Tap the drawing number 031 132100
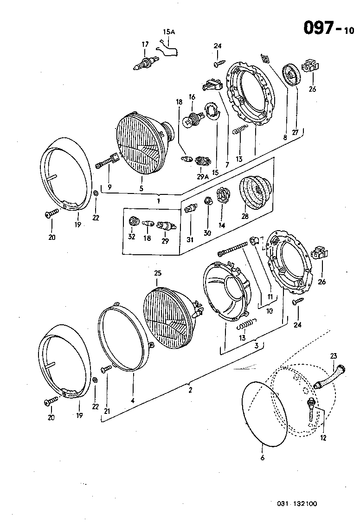[x=297, y=504]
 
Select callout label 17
[x=145, y=44]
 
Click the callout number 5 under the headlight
[x=141, y=188]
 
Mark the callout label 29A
[x=202, y=177]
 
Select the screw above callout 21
[x=106, y=369]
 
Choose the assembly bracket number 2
[x=190, y=390]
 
